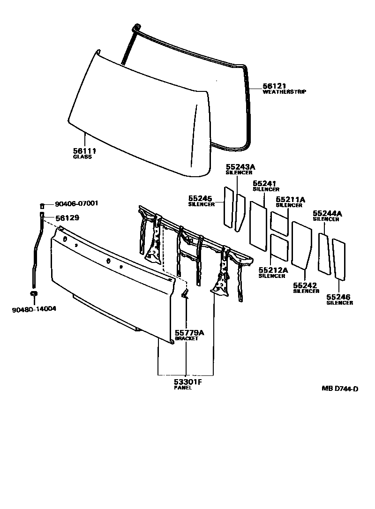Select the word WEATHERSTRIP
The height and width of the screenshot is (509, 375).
(284, 92)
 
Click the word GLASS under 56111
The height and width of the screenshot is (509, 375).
(82, 157)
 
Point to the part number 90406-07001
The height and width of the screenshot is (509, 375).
(76, 204)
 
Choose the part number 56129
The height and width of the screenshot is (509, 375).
(67, 218)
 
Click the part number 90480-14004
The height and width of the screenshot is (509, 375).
(31, 309)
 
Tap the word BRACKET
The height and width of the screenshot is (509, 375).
(187, 338)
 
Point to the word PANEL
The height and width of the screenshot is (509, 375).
(182, 388)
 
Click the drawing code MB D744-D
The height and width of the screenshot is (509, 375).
(340, 388)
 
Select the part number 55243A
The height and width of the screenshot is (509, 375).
(241, 166)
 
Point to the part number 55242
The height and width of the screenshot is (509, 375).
(305, 285)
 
